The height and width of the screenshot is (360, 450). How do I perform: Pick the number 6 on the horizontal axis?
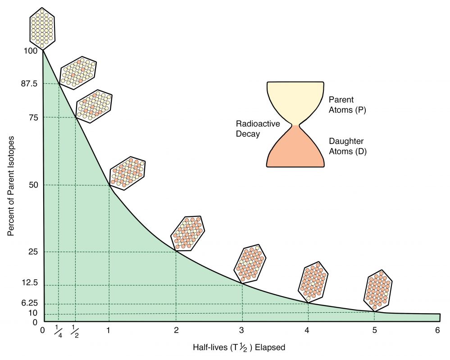[437, 330]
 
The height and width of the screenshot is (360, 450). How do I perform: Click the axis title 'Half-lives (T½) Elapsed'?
[239, 347]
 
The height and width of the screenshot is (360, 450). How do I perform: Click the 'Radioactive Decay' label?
[252, 129]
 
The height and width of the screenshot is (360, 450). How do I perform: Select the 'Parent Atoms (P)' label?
[347, 104]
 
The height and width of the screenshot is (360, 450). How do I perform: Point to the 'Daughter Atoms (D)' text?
[347, 146]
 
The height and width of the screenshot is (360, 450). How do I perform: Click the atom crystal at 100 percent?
[42, 28]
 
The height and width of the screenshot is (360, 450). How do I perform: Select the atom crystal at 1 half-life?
[127, 173]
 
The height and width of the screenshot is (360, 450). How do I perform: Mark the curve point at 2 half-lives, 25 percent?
[176, 252]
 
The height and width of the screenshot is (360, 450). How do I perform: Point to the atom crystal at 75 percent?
[94, 105]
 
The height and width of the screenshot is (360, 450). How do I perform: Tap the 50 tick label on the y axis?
[32, 185]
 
